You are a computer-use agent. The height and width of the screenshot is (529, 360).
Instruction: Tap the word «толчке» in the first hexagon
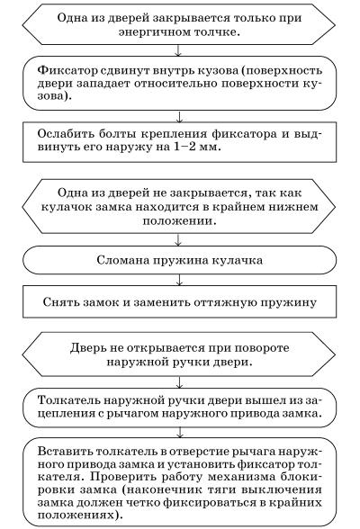click(214, 31)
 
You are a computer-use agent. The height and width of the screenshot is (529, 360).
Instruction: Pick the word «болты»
click(117, 133)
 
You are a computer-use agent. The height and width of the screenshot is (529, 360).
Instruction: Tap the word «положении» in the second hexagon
click(179, 221)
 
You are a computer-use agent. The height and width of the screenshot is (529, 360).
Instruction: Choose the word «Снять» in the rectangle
click(60, 301)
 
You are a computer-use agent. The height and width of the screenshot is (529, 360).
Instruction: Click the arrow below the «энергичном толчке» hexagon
click(178, 50)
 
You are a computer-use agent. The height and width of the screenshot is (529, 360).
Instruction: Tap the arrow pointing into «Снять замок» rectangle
click(179, 280)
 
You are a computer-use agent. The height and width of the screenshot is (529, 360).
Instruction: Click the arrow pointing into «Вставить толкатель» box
click(179, 433)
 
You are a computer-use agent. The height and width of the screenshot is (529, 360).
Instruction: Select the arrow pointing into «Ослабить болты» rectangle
click(179, 116)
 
